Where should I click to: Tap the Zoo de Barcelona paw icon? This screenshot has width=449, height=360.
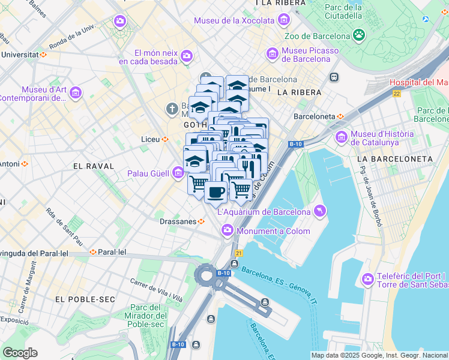360,35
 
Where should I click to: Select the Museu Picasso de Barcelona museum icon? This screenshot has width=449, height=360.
272,55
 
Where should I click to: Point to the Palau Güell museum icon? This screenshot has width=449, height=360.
178,174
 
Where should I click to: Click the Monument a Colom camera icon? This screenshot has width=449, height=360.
228,230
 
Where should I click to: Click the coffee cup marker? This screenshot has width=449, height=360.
215,193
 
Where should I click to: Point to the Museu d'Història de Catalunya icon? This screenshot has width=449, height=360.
342,138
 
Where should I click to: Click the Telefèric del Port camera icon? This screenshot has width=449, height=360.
367,279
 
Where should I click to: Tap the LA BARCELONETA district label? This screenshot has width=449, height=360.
394,158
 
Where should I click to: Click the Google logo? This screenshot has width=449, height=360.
20,353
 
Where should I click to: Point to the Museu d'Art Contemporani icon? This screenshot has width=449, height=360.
76,93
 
